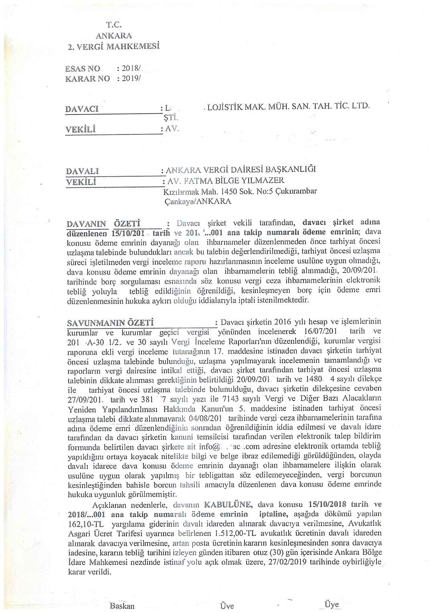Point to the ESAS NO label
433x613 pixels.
(x=83, y=69)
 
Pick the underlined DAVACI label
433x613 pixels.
(x=82, y=109)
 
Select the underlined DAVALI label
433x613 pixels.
(x=82, y=171)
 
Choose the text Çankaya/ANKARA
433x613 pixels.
(x=198, y=202)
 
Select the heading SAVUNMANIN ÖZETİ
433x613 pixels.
(x=110, y=323)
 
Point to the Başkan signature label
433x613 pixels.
(x=122, y=606)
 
